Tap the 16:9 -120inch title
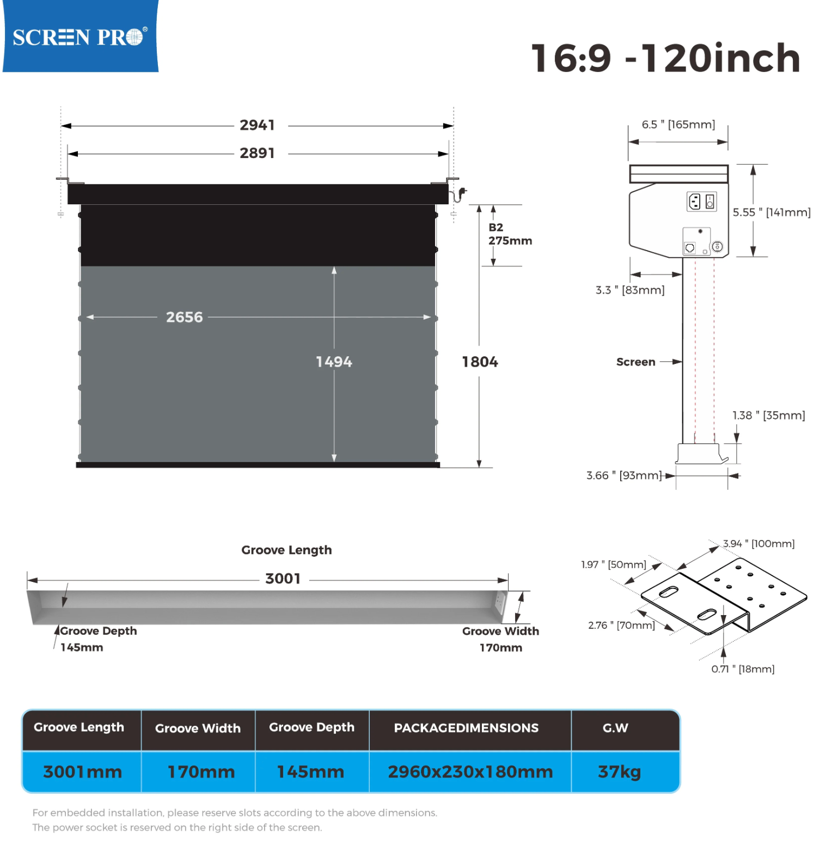[x=665, y=58]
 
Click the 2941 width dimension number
[x=257, y=125]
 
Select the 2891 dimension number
[x=257, y=153]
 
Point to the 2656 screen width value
[x=184, y=317]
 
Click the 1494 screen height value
[x=334, y=362]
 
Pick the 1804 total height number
[x=480, y=362]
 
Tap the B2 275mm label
[x=510, y=234]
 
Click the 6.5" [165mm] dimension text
[x=678, y=125]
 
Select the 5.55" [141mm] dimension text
[x=771, y=212]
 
